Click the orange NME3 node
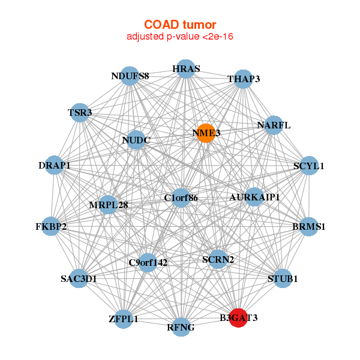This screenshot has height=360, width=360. [206, 133]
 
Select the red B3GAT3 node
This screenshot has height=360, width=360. [238, 318]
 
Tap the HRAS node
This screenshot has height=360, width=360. [186, 69]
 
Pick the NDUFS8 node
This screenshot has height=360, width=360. [130, 76]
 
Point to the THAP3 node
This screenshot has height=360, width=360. [243, 79]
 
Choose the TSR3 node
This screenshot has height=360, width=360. [80, 113]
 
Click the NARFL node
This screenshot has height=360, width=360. [274, 125]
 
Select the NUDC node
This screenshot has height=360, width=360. [136, 140]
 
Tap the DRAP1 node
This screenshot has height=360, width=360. [54, 165]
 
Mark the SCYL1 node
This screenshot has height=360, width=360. [309, 166]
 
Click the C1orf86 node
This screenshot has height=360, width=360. [181, 198]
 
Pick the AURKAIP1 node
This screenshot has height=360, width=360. [254, 197]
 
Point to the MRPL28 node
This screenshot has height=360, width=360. [108, 205]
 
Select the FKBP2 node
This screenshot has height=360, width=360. [51, 226]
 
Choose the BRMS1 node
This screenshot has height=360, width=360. [309, 227]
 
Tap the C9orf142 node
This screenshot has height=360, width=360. [148, 263]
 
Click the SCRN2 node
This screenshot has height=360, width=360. [218, 259]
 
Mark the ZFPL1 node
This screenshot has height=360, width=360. [124, 319]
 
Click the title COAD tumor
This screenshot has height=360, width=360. [180, 25]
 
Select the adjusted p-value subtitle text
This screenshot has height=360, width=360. [180, 37]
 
